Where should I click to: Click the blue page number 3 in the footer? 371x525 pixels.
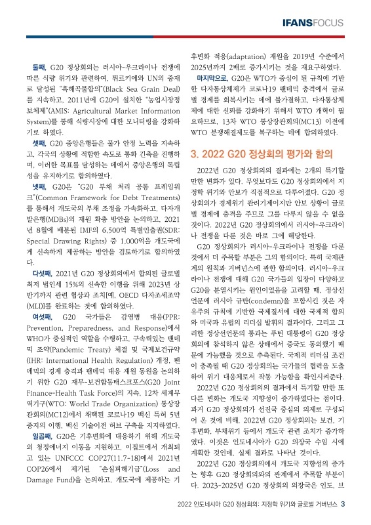[x=351, y=504]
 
